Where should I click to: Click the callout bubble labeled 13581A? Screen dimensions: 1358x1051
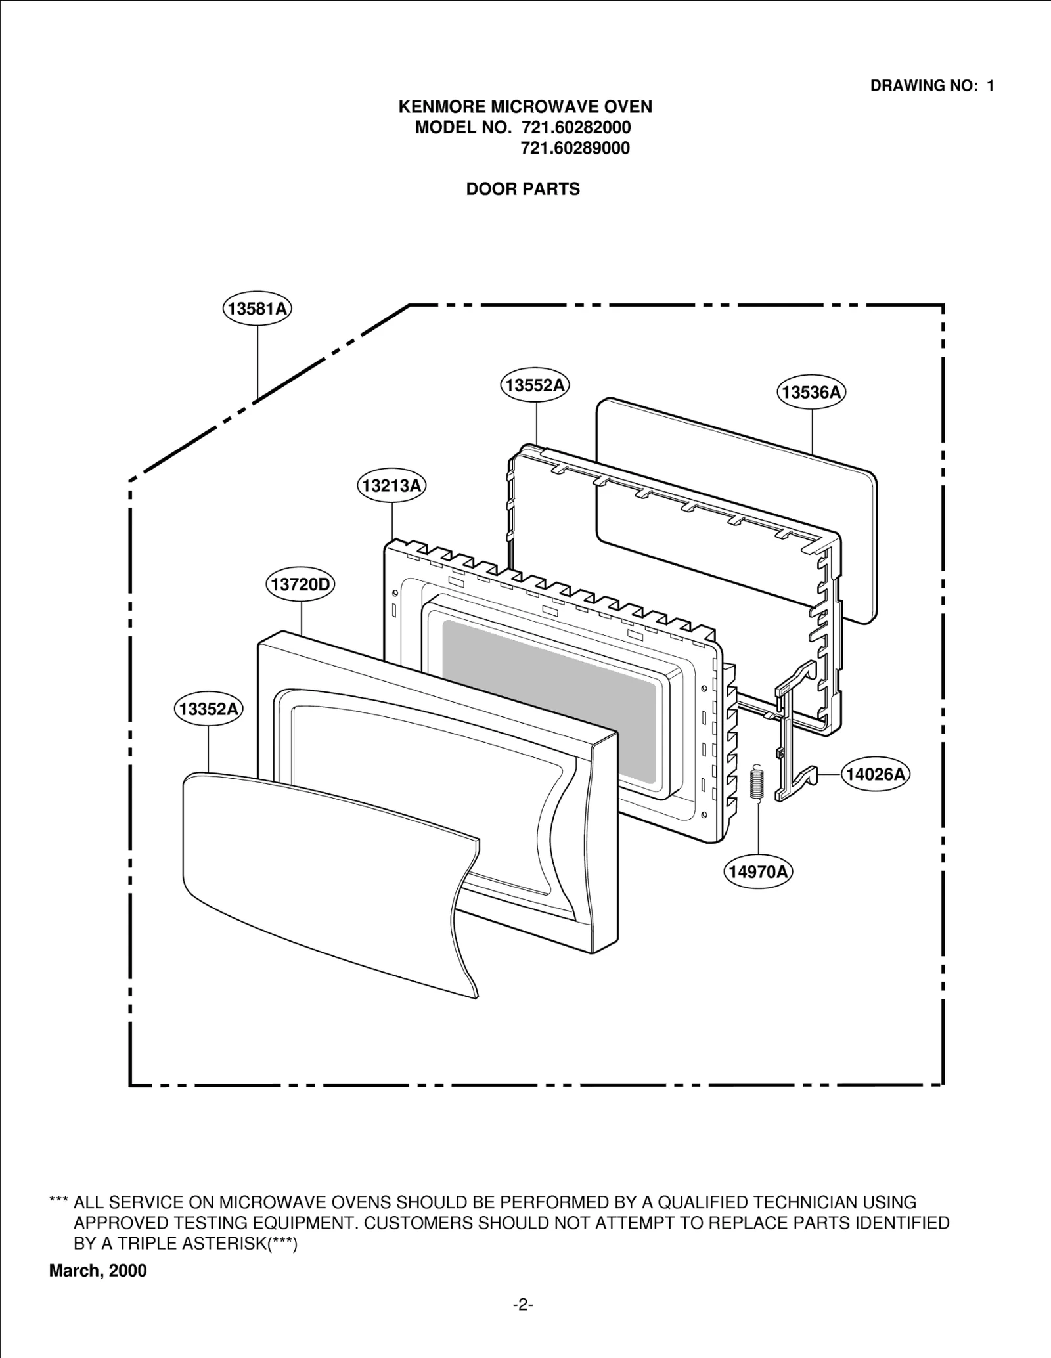257,309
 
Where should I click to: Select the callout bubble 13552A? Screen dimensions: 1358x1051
535,385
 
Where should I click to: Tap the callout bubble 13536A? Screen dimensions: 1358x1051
812,393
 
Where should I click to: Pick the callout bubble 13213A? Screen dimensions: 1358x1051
392,486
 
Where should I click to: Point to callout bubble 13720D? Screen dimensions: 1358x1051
301,584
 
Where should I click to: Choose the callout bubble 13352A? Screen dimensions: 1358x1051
208,709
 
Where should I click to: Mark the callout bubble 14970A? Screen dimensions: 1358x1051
759,871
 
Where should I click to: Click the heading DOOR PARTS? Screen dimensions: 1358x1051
523,189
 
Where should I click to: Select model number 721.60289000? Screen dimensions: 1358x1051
575,148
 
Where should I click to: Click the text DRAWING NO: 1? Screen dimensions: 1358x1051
931,85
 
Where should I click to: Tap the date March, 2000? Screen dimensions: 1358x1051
98,1271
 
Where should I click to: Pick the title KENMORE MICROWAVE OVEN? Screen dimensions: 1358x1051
525,106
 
